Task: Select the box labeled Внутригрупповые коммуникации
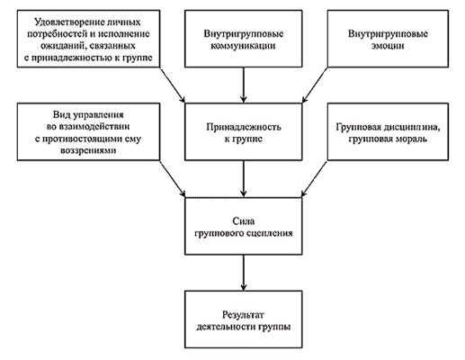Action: click(x=244, y=39)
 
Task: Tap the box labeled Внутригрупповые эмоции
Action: click(x=388, y=39)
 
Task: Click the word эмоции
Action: click(x=388, y=46)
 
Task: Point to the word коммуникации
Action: click(x=243, y=46)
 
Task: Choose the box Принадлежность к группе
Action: click(x=244, y=131)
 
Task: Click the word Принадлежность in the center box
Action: click(x=244, y=127)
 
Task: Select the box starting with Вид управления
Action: click(x=88, y=131)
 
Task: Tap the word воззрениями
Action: click(x=88, y=150)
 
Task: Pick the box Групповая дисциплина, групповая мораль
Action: click(x=388, y=131)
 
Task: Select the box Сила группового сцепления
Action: click(x=244, y=226)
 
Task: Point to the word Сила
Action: click(x=244, y=221)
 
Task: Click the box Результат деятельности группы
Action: click(x=244, y=319)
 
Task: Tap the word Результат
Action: click(x=244, y=315)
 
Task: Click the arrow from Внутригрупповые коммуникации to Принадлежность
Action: click(x=244, y=85)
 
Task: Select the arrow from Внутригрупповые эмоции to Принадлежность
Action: click(x=315, y=85)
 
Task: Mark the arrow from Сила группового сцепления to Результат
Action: click(x=244, y=273)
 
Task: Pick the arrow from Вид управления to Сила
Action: click(x=173, y=179)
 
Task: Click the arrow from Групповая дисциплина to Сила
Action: click(x=314, y=179)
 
